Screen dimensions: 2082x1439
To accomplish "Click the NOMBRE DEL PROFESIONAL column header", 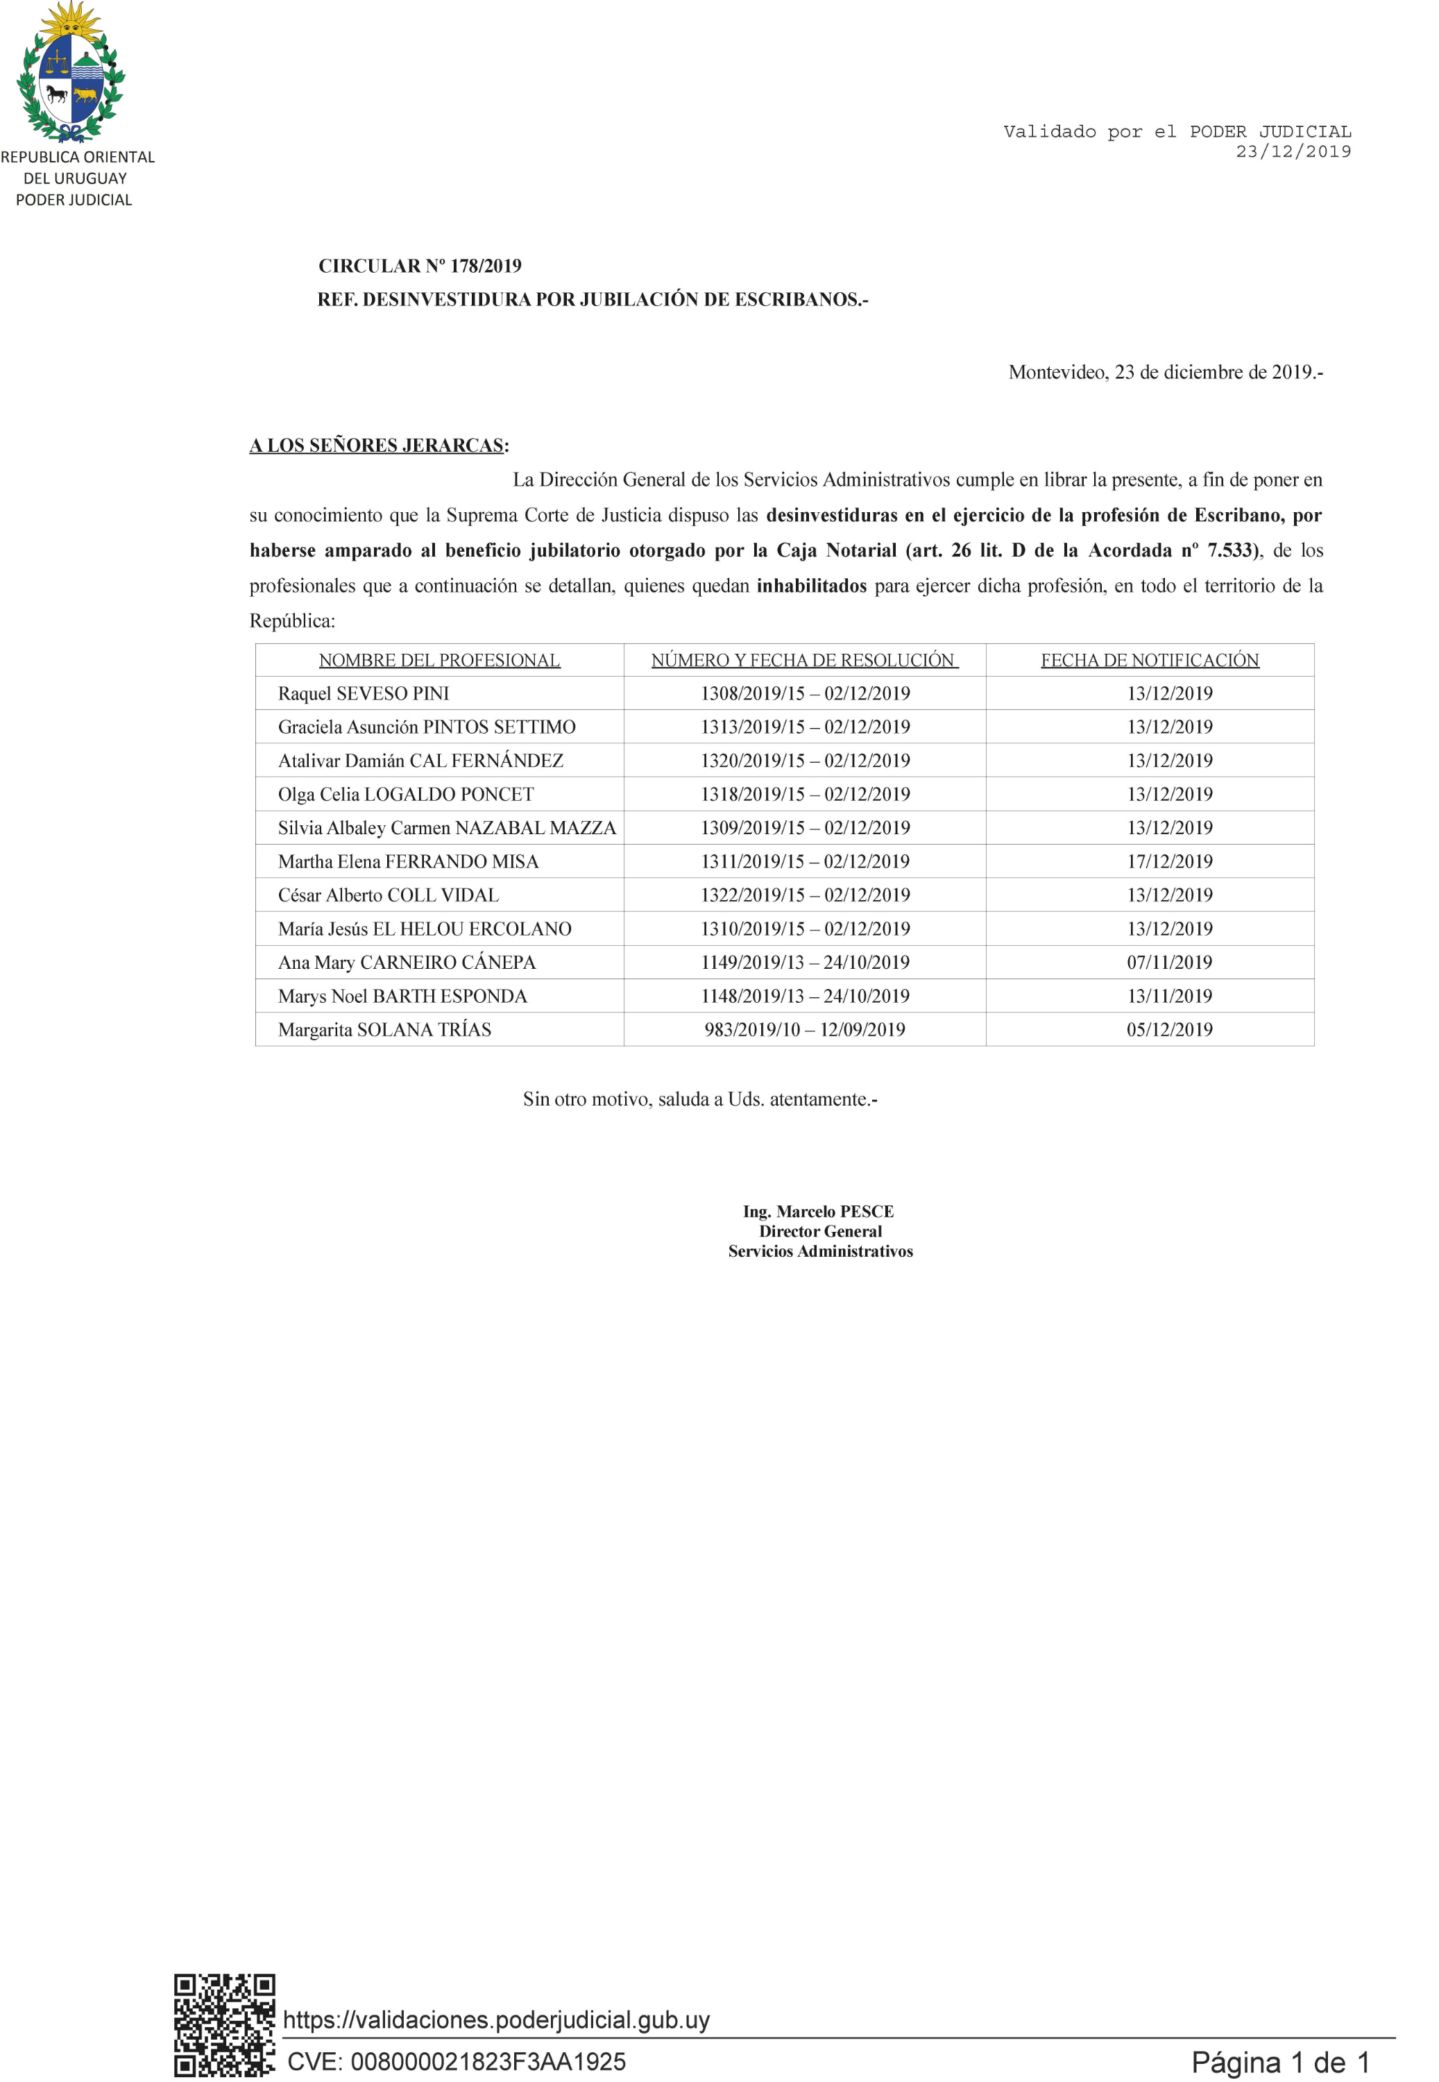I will pos(439,660).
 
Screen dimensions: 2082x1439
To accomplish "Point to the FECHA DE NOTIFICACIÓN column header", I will pos(1150,660).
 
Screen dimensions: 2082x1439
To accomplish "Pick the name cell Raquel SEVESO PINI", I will pos(364,693).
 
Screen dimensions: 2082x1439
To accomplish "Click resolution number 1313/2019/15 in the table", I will pos(752,727).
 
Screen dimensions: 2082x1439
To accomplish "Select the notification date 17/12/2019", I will pos(1169,861).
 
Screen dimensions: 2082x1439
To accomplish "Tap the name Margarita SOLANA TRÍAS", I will pos(384,1030).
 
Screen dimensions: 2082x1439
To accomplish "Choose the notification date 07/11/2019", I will pos(1169,962).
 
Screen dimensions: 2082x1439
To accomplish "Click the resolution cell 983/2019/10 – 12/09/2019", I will pos(804,1030).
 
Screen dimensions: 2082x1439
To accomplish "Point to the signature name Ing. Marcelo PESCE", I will pos(818,1211).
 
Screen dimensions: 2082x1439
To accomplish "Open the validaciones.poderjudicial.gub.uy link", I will pos(496,2020).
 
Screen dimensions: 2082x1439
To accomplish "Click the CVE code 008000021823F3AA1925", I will pos(457,2061).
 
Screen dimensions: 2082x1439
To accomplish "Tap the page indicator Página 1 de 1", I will pos(1280,2062).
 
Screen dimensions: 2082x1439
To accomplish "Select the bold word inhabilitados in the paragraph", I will pos(812,586).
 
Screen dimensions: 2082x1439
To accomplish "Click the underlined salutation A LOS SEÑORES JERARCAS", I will pos(376,446).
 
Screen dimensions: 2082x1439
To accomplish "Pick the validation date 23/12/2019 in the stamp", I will pos(1293,151).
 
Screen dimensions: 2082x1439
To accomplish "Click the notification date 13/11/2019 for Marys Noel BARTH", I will pos(1169,997).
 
